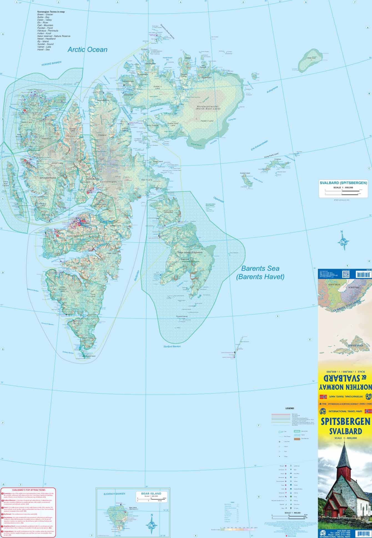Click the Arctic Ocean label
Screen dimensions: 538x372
(x=87, y=50)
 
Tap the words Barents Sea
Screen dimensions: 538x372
(x=260, y=268)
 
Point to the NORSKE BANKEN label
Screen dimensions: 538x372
(x=51, y=63)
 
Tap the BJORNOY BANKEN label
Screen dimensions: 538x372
(x=114, y=494)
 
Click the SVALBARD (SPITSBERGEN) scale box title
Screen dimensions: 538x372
(x=343, y=183)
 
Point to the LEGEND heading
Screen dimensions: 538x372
(x=290, y=408)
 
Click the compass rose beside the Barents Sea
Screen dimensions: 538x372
(x=343, y=241)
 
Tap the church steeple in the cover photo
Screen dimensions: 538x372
(x=345, y=455)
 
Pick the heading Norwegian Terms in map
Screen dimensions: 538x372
(x=51, y=12)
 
